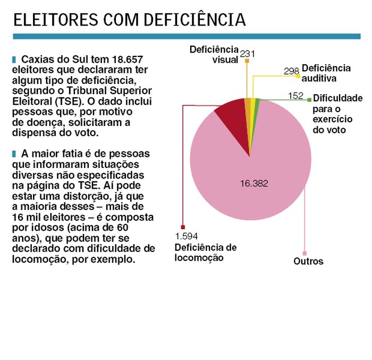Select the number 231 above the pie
tap(248, 54)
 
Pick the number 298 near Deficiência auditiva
tap(291, 71)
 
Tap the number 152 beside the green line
tap(295, 96)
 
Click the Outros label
tap(308, 261)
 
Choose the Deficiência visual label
tap(214, 54)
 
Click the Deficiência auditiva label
tap(326, 73)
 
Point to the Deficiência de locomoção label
tap(205, 253)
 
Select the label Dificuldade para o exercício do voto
tap(337, 114)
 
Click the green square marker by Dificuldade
tap(309, 99)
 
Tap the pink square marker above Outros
tap(305, 253)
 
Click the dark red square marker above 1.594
tap(183, 227)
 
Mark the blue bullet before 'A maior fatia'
tap(14, 154)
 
